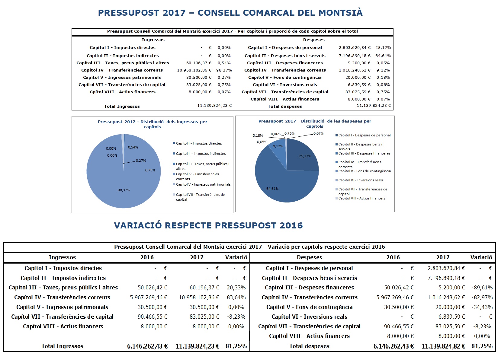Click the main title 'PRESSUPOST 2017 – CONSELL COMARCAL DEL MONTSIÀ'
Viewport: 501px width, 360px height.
point(230,13)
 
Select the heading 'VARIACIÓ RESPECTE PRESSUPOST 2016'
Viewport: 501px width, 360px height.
point(208,225)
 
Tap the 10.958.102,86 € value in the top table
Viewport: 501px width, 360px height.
point(194,70)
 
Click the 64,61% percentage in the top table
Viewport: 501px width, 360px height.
point(383,56)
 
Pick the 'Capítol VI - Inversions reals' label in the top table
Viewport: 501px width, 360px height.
point(285,85)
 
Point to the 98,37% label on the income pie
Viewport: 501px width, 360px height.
point(124,190)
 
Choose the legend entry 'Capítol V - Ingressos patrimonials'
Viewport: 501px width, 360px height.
point(203,184)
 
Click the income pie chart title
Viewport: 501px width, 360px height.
point(152,124)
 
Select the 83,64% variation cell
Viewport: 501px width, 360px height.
point(236,298)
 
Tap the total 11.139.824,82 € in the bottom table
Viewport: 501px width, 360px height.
point(443,346)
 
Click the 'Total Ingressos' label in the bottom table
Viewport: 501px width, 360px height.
point(63,346)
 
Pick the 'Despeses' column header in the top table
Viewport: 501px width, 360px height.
point(314,40)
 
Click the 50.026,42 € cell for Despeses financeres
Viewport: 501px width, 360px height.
point(399,288)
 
